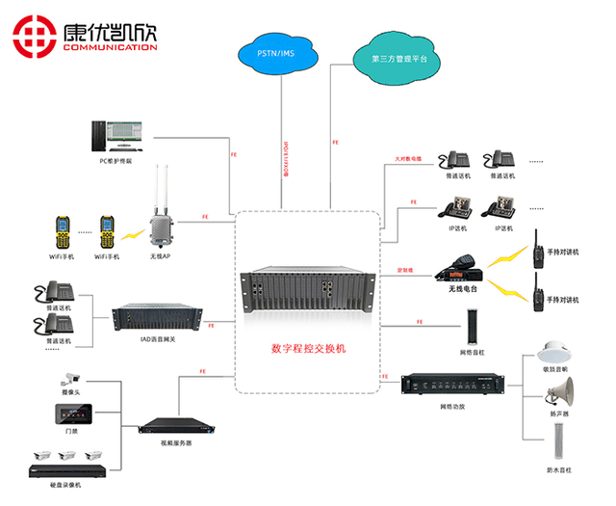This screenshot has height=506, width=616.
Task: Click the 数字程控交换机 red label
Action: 309,346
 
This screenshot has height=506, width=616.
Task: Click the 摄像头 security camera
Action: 72,377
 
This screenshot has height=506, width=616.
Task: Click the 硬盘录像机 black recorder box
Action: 66,472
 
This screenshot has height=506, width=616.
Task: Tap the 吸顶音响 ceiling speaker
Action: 556,351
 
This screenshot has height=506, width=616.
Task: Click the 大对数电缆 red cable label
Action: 408,158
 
